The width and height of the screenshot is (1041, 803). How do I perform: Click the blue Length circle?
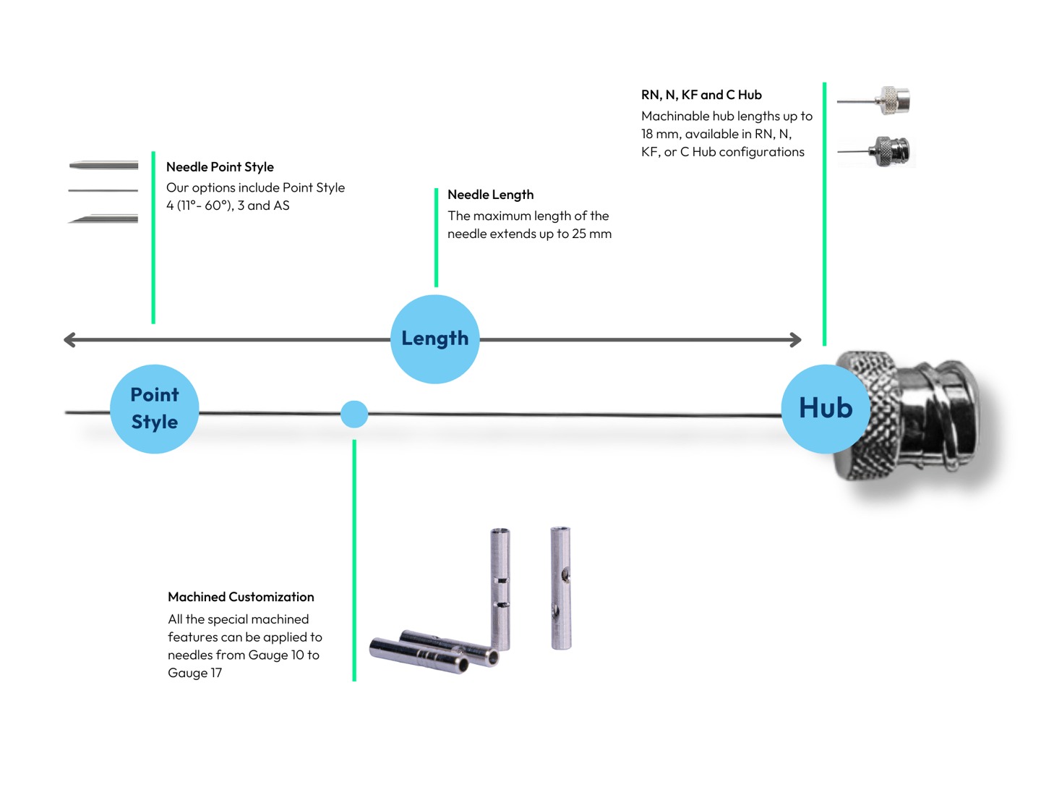click(434, 339)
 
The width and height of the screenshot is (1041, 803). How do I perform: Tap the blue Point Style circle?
click(154, 409)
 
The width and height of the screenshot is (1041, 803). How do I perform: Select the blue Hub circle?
click(826, 409)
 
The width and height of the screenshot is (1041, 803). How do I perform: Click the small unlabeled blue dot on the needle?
click(354, 415)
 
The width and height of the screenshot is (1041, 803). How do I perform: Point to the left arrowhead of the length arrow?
click(69, 340)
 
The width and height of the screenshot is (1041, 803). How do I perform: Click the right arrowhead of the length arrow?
click(796, 340)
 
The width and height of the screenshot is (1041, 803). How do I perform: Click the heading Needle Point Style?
click(220, 167)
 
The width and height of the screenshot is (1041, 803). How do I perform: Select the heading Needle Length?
click(491, 195)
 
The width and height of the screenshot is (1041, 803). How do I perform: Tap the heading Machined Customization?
click(241, 597)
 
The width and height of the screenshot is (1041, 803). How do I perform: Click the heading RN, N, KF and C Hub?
click(701, 95)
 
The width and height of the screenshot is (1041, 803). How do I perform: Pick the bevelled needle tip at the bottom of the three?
click(103, 219)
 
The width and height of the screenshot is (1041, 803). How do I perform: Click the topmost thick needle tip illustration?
click(103, 166)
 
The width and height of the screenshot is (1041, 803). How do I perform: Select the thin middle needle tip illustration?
click(103, 191)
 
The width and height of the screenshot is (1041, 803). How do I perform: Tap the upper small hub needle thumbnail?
click(873, 101)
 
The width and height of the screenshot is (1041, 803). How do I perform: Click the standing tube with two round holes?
click(560, 588)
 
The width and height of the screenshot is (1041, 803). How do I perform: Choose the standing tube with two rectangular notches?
click(500, 589)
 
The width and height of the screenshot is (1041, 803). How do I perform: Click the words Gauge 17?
click(194, 673)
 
